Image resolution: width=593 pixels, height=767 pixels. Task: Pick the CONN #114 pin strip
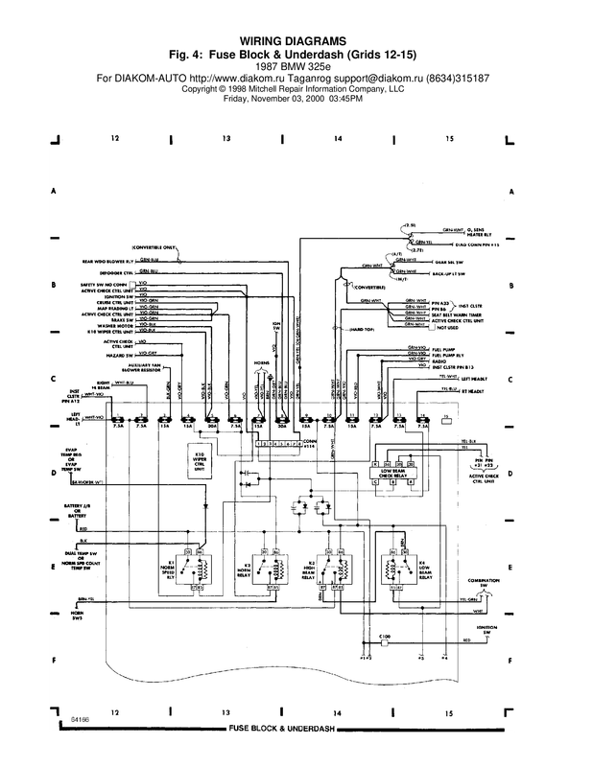click(x=278, y=444)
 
